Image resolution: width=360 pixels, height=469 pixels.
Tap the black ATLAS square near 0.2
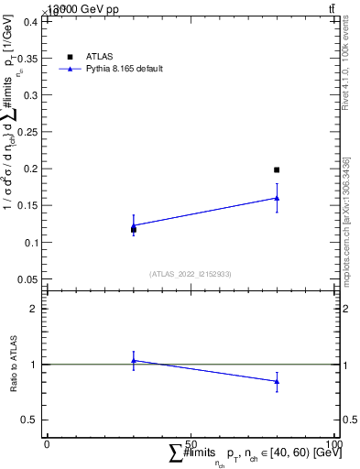[277, 169]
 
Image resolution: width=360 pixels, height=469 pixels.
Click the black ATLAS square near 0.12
[134, 229]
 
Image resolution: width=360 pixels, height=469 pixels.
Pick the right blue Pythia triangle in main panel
[277, 197]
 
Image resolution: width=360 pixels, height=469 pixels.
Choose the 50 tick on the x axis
[191, 444]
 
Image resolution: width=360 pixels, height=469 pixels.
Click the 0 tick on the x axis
[47, 444]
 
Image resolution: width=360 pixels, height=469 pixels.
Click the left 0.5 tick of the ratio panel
[33, 420]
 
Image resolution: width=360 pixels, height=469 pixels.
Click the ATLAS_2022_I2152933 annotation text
[191, 273]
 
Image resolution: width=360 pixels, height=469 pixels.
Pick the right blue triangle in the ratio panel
[277, 381]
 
